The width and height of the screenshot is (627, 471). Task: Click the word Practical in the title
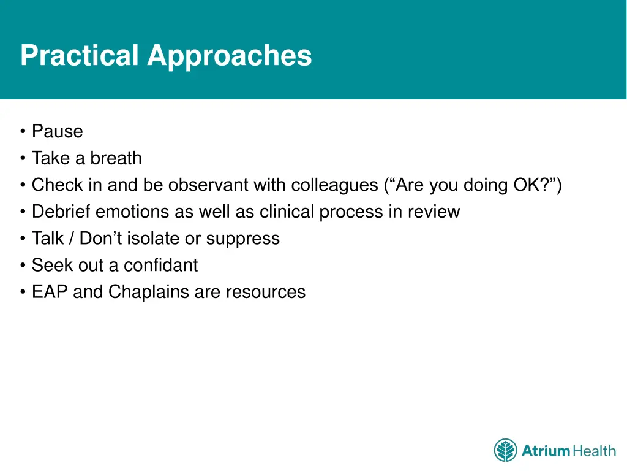tap(80, 55)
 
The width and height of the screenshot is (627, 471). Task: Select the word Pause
tap(58, 131)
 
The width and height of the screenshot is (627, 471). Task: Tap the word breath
tap(116, 158)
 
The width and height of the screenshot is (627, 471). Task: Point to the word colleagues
tap(335, 185)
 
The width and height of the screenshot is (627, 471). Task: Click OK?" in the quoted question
tap(538, 185)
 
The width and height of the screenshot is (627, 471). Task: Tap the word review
tap(434, 212)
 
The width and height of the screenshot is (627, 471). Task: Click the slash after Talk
tap(72, 239)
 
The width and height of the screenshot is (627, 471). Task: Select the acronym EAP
tap(50, 291)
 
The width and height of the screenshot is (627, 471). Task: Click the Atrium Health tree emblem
tap(505, 450)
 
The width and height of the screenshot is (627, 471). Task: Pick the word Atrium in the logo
tap(546, 451)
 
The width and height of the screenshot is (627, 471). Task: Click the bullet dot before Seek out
tap(23, 265)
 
